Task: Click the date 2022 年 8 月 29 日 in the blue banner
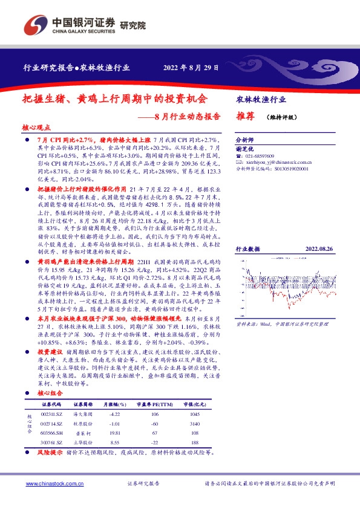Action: click(x=192, y=68)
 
